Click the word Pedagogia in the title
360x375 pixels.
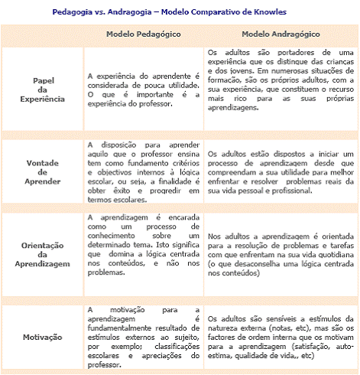pos(73,12)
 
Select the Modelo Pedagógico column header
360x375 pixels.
pos(142,35)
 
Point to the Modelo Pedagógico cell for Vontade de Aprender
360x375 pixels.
pos(144,172)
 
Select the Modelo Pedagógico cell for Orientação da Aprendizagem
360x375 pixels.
pos(144,243)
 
